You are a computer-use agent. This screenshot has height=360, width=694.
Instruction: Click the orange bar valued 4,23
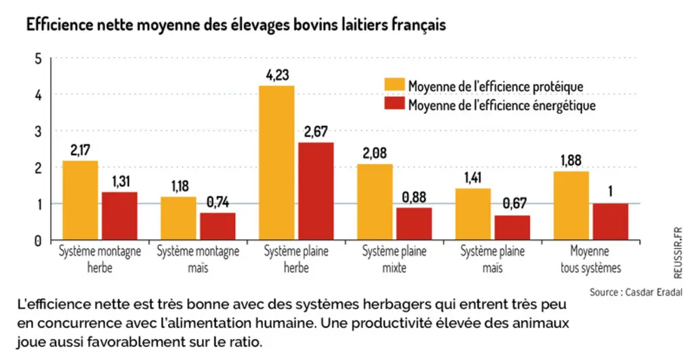tap(277, 163)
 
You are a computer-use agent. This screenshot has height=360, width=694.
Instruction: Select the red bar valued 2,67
tap(316, 191)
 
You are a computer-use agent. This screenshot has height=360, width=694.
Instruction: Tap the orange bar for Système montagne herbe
tap(80, 200)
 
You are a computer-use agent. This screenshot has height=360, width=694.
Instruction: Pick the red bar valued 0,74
tap(218, 226)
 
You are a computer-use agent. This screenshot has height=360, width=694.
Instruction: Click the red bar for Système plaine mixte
tap(414, 224)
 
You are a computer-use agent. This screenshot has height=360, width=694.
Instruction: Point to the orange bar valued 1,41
tap(473, 214)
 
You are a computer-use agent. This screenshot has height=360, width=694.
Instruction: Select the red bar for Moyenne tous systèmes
tap(611, 222)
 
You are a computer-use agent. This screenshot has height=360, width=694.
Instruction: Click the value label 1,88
tap(571, 160)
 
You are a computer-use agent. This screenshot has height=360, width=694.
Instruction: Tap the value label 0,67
tap(515, 203)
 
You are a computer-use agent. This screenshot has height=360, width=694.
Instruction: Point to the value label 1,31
tap(121, 182)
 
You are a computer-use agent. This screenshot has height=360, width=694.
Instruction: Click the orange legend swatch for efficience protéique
tap(394, 85)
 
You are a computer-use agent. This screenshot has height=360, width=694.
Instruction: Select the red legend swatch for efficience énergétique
tap(394, 104)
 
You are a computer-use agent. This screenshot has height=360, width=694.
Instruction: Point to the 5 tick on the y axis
tap(38, 58)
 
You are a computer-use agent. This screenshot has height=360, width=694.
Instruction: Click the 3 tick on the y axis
tap(38, 132)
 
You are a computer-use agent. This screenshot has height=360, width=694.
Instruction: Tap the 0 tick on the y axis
tap(38, 241)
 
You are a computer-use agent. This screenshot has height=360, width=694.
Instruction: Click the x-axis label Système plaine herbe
tap(296, 260)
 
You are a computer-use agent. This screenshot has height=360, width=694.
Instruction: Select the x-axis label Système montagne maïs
tap(198, 260)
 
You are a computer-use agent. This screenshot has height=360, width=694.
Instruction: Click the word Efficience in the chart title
tap(56, 24)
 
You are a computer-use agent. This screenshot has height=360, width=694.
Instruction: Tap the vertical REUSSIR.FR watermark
tap(678, 253)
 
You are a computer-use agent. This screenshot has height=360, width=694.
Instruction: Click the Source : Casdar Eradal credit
tap(636, 292)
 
